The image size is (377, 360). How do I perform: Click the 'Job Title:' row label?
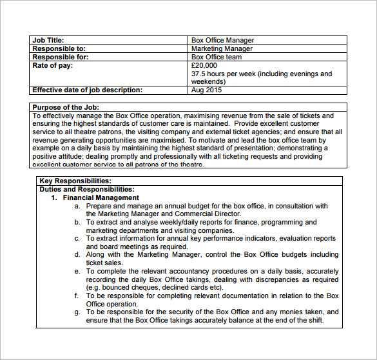point(48,40)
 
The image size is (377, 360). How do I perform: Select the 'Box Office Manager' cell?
point(222,40)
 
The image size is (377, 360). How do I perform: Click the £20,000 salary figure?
point(205,65)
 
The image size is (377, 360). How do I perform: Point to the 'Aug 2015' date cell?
point(206,90)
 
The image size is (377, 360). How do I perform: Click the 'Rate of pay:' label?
point(53,65)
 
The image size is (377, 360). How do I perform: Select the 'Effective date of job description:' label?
point(86,90)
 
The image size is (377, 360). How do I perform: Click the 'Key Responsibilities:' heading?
point(75,181)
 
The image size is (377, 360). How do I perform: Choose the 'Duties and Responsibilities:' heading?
point(86,190)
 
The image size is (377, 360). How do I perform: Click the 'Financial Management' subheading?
point(101,198)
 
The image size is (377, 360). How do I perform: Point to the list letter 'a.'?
point(77,206)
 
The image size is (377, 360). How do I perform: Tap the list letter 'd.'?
point(77,255)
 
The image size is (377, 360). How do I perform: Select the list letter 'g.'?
point(77,312)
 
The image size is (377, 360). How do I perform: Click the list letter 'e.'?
point(77,272)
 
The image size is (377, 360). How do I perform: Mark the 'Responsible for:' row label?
point(60,57)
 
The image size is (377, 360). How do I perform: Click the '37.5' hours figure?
point(199,74)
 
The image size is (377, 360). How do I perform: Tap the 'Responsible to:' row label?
point(59,48)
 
